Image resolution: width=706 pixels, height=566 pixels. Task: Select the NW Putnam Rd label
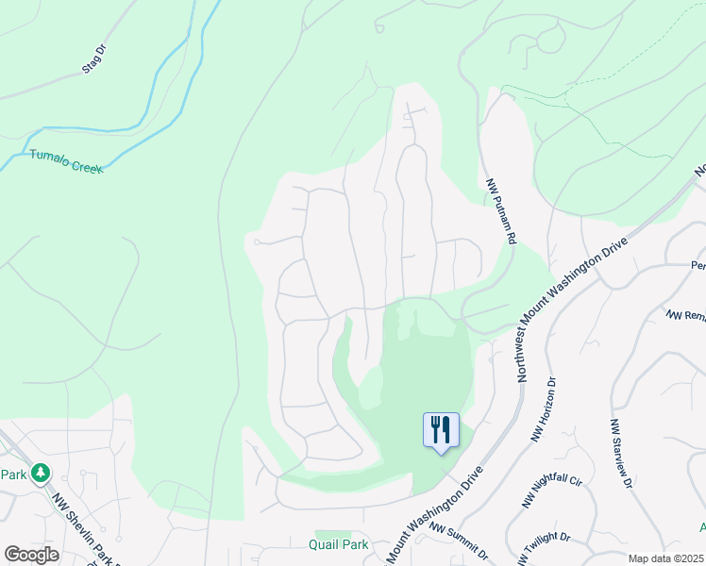click(500, 212)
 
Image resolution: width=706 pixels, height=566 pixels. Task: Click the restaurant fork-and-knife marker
click(441, 430)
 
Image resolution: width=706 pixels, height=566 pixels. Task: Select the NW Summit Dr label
click(458, 542)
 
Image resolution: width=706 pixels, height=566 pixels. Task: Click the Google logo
click(31, 555)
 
